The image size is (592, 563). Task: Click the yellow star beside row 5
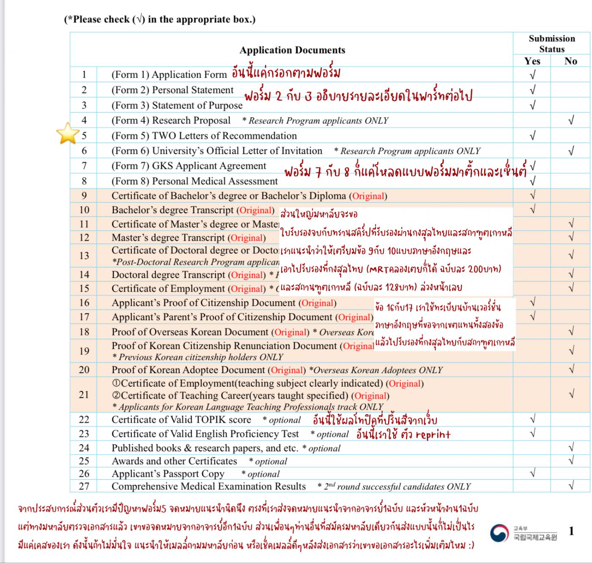[68, 133]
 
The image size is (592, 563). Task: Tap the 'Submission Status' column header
[552, 44]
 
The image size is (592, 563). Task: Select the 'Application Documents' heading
[292, 50]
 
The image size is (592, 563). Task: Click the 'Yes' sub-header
[532, 61]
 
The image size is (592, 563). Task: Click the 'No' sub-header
[570, 61]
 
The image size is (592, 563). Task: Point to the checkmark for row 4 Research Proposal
[571, 121]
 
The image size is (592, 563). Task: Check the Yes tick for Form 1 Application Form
[532, 75]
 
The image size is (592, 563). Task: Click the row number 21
[84, 395]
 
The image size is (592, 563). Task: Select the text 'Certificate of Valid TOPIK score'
[181, 420]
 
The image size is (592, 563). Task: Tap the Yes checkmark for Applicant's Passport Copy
[532, 473]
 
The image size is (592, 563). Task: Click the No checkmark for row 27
[571, 486]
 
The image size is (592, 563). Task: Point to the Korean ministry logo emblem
[499, 533]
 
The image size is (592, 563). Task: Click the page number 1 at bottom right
[571, 531]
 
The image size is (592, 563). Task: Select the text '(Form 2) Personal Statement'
[172, 90]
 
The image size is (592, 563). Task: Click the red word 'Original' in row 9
[368, 196]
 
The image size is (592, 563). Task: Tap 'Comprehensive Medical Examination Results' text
[208, 486]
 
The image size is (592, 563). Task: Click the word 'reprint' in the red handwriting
[433, 434]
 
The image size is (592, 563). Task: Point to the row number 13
[84, 255]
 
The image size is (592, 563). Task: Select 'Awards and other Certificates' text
[174, 461]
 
